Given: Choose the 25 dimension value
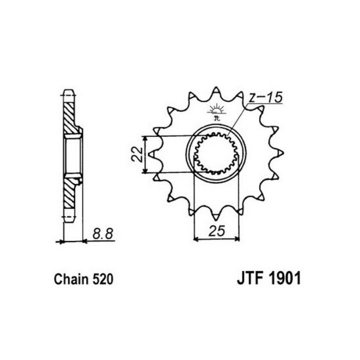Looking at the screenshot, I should tap(213, 231).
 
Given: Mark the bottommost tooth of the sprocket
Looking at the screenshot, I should tap(217, 220).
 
